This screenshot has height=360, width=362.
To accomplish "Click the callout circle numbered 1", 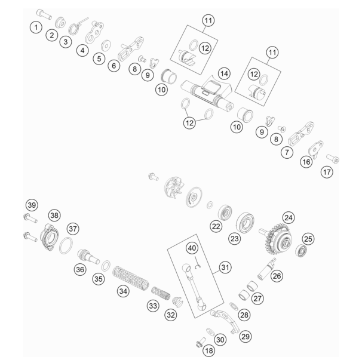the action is pyautogui.click(x=36, y=27).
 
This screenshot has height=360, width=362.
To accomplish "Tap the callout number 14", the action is pyautogui.click(x=224, y=73).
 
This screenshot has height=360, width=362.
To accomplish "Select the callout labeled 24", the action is pyautogui.click(x=289, y=218).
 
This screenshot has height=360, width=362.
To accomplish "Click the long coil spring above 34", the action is pyautogui.click(x=130, y=277).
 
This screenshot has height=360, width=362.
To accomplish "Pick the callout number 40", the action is pyautogui.click(x=192, y=248).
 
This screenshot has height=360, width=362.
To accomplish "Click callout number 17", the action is pyautogui.click(x=327, y=172).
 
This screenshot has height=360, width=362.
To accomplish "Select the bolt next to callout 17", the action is pyautogui.click(x=333, y=159).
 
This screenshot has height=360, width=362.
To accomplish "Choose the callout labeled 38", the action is pyautogui.click(x=54, y=216).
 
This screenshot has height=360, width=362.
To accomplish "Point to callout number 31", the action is pyautogui.click(x=225, y=267).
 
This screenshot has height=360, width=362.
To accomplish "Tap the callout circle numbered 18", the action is pyautogui.click(x=208, y=351).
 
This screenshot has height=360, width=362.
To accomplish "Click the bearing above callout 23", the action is pyautogui.click(x=245, y=223).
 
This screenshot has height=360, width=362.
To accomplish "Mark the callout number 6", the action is pyautogui.click(x=114, y=66).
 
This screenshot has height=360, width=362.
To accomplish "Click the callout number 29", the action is pyautogui.click(x=245, y=337).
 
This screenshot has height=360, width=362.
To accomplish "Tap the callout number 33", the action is pyautogui.click(x=153, y=306).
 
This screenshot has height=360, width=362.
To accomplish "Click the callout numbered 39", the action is pyautogui.click(x=32, y=205).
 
